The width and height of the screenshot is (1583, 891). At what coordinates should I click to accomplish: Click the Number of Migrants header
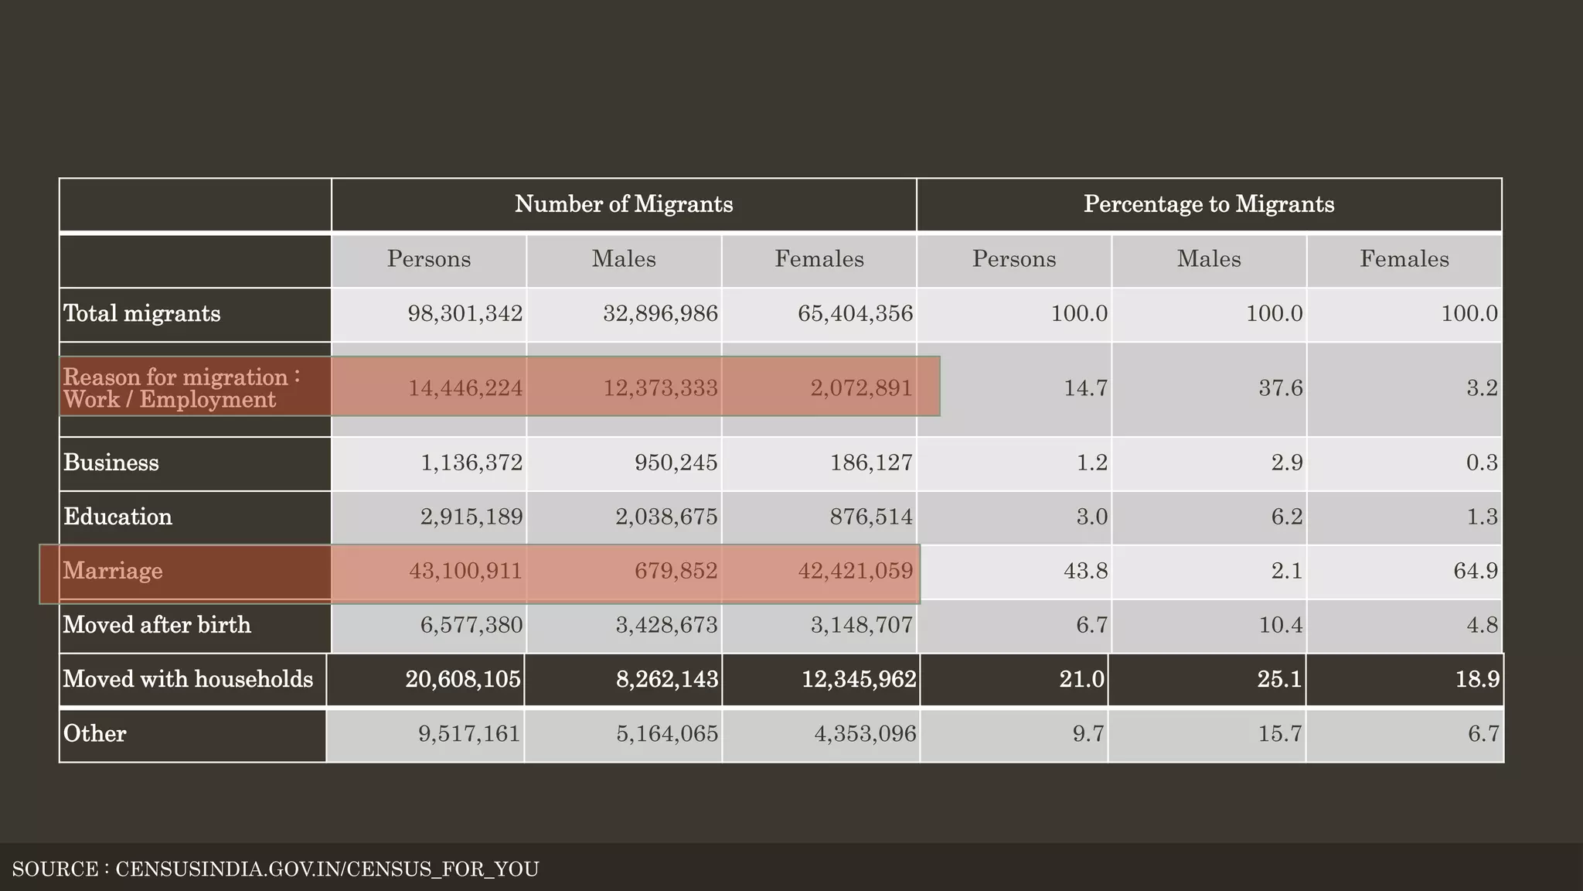(623, 204)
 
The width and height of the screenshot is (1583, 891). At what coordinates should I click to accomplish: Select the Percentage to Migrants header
(1208, 204)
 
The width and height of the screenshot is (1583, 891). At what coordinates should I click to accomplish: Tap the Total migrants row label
(142, 314)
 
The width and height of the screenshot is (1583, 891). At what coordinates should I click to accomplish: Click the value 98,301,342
(465, 314)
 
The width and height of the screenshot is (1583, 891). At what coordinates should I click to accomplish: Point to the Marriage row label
(113, 571)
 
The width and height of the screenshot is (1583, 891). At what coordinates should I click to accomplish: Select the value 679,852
(676, 572)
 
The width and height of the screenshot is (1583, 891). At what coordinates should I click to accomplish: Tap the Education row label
(117, 517)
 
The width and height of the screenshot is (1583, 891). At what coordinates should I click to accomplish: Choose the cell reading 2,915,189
(471, 517)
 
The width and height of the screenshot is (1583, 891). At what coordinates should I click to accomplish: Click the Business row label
(111, 463)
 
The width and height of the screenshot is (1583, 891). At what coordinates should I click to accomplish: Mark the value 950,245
(676, 463)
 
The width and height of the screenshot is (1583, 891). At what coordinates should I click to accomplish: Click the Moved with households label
(188, 679)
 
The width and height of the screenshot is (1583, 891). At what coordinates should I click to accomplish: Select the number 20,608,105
(463, 679)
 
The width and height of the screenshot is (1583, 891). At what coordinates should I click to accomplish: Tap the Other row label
(94, 733)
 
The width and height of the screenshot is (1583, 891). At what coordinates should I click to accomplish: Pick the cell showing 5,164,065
(667, 733)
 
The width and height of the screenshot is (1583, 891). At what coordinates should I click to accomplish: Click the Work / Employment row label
(170, 399)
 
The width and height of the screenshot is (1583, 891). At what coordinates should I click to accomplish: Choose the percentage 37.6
(1281, 388)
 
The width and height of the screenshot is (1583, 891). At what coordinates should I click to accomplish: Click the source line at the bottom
(275, 869)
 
